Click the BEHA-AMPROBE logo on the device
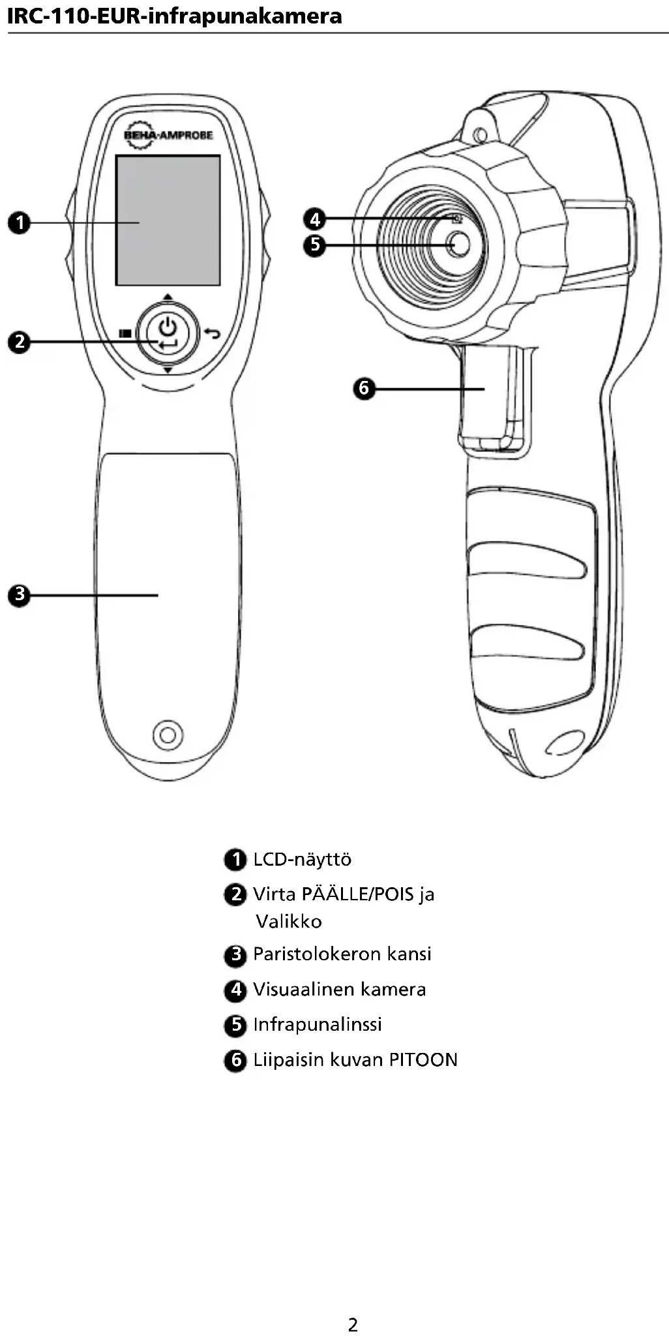pyautogui.click(x=168, y=135)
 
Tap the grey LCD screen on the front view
pyautogui.click(x=168, y=220)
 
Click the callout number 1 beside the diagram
pyautogui.click(x=20, y=222)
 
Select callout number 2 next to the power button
pyautogui.click(x=20, y=342)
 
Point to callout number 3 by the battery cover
pyautogui.click(x=20, y=594)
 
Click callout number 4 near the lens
pyautogui.click(x=315, y=219)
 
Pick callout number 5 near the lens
pyautogui.click(x=315, y=245)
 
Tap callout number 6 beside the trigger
pyautogui.click(x=364, y=389)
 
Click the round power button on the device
pyautogui.click(x=168, y=333)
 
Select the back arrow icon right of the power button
pyautogui.click(x=212, y=333)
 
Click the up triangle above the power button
pyautogui.click(x=168, y=297)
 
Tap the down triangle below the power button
pyautogui.click(x=168, y=371)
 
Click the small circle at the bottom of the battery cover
pyautogui.click(x=168, y=735)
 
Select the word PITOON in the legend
pyautogui.click(x=423, y=1060)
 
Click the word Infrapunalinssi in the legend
pyautogui.click(x=317, y=1024)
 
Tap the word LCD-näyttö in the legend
pyautogui.click(x=302, y=859)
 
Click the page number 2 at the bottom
pyautogui.click(x=353, y=1325)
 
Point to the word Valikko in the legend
pyautogui.click(x=288, y=922)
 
